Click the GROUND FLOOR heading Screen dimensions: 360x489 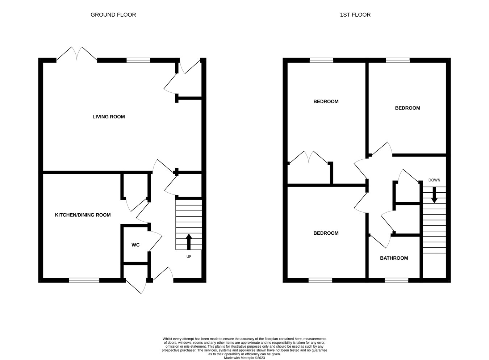[x=113, y=15]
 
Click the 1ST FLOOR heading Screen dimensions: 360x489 [x=355, y=15]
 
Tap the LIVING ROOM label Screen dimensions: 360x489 [x=109, y=117]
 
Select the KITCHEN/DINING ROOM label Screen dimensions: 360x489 [x=83, y=215]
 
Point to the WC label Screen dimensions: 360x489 [x=135, y=245]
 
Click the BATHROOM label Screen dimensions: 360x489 [x=394, y=258]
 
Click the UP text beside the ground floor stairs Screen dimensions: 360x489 [x=189, y=256]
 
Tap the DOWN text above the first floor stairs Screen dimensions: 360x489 [x=434, y=180]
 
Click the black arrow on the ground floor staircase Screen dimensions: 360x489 [x=189, y=242]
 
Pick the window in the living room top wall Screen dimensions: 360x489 [x=138, y=60]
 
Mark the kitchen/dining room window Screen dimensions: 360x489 [x=84, y=280]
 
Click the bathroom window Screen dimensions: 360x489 [x=396, y=280]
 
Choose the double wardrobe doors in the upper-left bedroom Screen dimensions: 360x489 [x=309, y=158]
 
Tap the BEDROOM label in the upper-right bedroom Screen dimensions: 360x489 [x=407, y=108]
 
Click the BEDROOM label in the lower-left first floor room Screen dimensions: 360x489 [x=326, y=233]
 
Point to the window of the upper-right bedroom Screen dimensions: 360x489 [x=398, y=60]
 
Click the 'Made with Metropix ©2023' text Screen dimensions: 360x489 [x=244, y=358]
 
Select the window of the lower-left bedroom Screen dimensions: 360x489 [x=320, y=280]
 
